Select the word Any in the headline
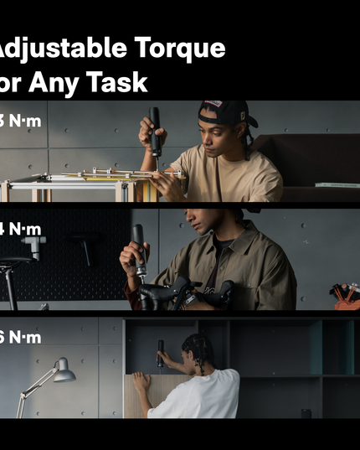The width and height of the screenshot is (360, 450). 50,81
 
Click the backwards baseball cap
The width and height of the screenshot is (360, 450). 224,112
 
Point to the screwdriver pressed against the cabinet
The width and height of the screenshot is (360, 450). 161,352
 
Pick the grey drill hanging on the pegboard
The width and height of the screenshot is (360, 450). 33,245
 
